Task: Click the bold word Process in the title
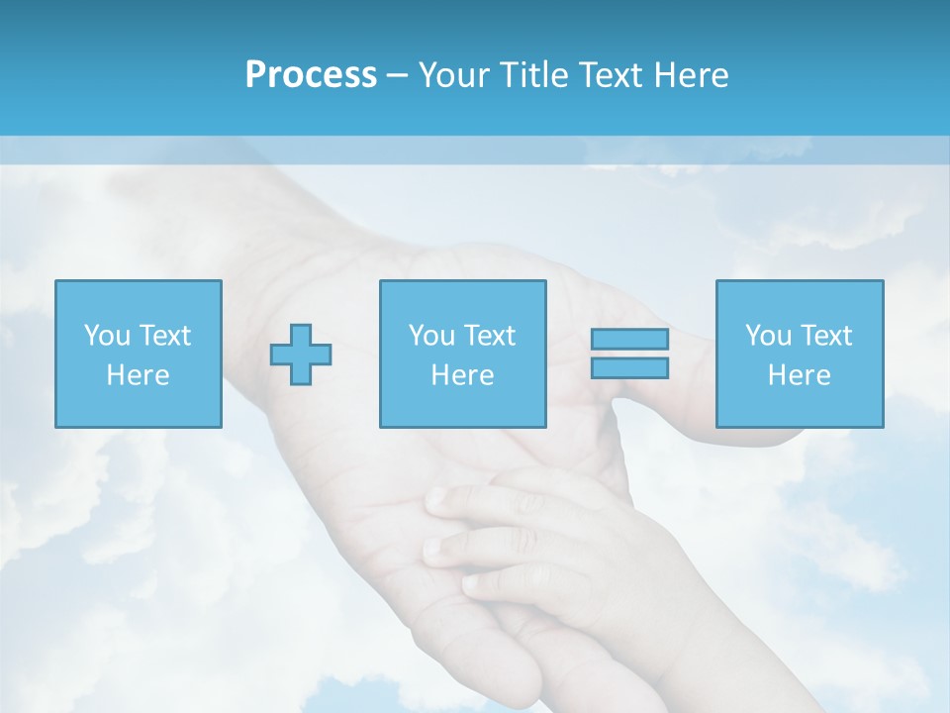coord(311,75)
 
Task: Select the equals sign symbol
coord(629,354)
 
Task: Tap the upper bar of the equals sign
coord(629,340)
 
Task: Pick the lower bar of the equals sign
coord(629,367)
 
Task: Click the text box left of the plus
coord(138,354)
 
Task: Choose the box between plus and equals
coord(462,354)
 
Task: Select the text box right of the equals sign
coord(799,354)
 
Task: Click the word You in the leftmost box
coord(107,335)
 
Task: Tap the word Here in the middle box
coord(462,375)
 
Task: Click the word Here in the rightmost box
coord(799,375)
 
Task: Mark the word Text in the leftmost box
coord(164,335)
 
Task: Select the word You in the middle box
coord(431,335)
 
